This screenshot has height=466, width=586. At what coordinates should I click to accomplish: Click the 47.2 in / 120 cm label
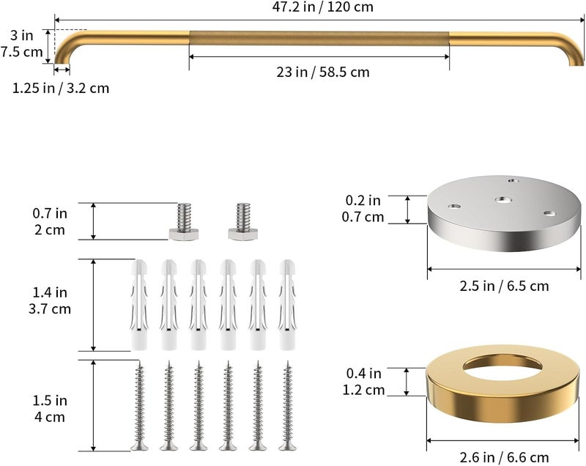point(322,7)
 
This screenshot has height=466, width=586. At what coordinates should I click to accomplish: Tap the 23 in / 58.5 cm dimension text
point(323,72)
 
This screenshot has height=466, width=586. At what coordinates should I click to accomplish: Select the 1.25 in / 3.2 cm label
point(61,88)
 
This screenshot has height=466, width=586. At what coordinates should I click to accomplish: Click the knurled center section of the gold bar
point(319,39)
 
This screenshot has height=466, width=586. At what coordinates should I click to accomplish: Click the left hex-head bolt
point(184,221)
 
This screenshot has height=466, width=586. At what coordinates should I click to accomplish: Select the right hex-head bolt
point(243,221)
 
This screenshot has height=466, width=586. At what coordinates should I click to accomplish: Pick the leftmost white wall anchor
point(139,305)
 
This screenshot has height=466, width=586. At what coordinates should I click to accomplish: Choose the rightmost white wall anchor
point(287,305)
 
